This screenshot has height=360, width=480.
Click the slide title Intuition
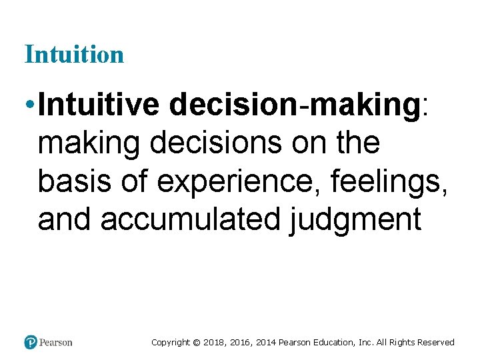tap(74, 54)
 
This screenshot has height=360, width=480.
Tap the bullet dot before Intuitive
tap(29, 105)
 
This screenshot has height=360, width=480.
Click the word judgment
tap(355, 220)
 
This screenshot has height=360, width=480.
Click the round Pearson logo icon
tap(31, 343)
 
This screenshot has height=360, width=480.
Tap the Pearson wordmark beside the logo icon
tap(56, 343)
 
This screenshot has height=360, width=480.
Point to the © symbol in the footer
tap(196, 343)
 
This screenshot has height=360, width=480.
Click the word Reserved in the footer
tap(435, 343)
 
